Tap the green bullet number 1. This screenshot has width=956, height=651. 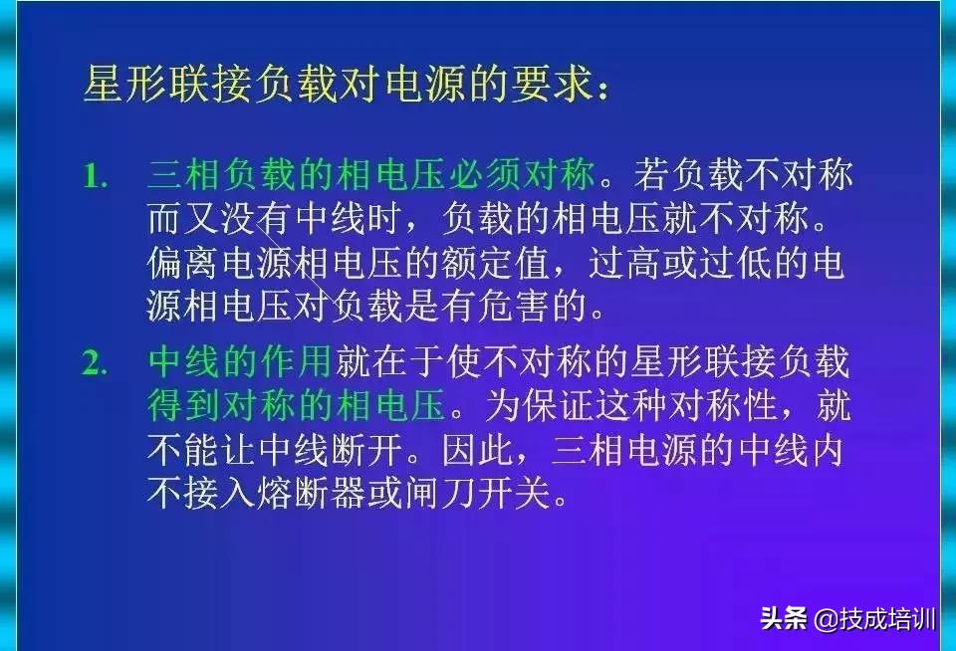[96, 177]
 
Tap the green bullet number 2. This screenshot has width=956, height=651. [96, 363]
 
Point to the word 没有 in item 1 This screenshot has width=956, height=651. [256, 218]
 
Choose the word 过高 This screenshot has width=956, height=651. [623, 263]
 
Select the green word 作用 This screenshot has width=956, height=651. [296, 361]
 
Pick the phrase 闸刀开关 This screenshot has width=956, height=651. [477, 493]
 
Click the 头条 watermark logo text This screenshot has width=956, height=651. [784, 618]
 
